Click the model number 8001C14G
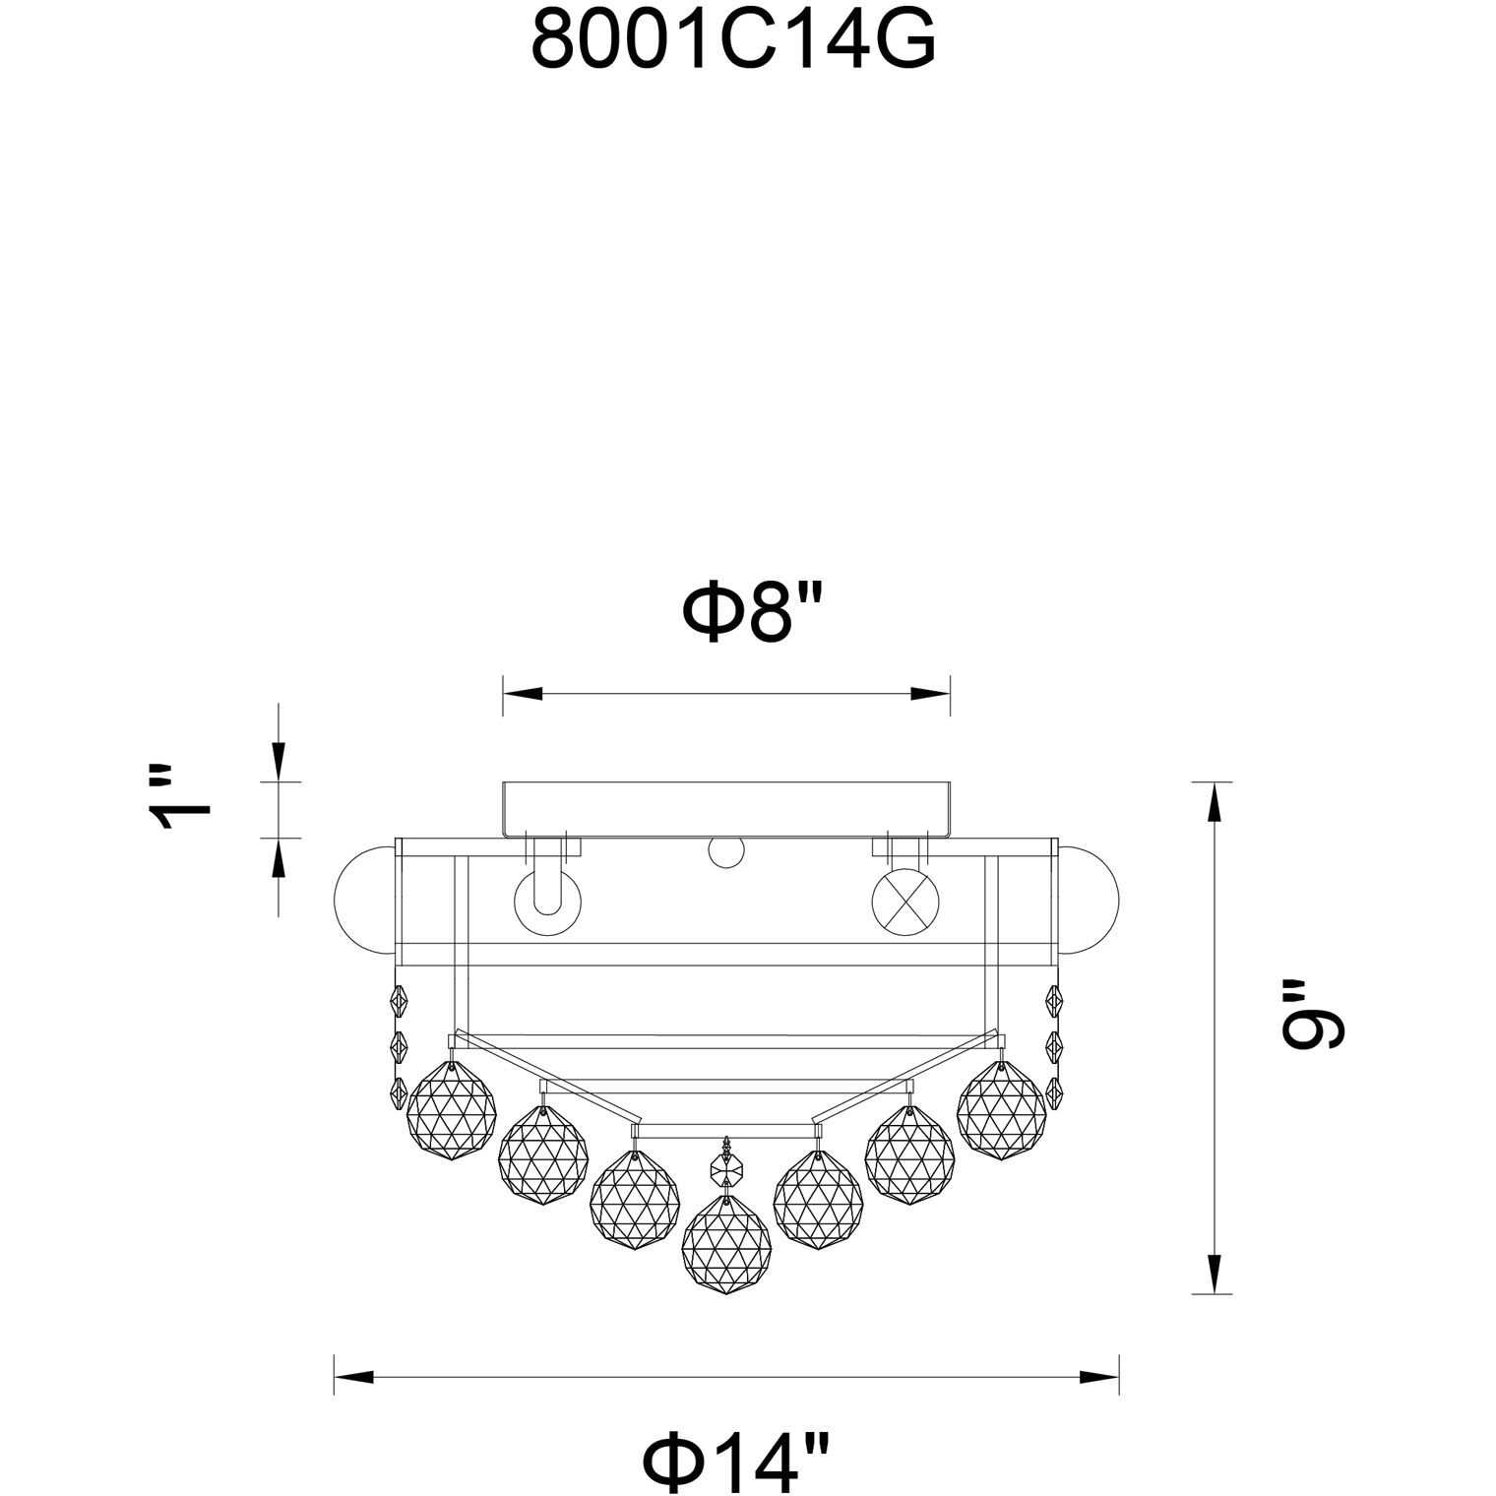point(733,40)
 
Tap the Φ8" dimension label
point(752,612)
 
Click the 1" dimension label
point(183,797)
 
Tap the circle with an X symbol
point(905,902)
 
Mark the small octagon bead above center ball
point(726,1171)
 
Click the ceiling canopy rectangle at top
point(726,809)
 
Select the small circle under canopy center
point(726,854)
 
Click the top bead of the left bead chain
point(401,1003)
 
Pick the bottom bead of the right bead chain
point(1053,1091)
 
